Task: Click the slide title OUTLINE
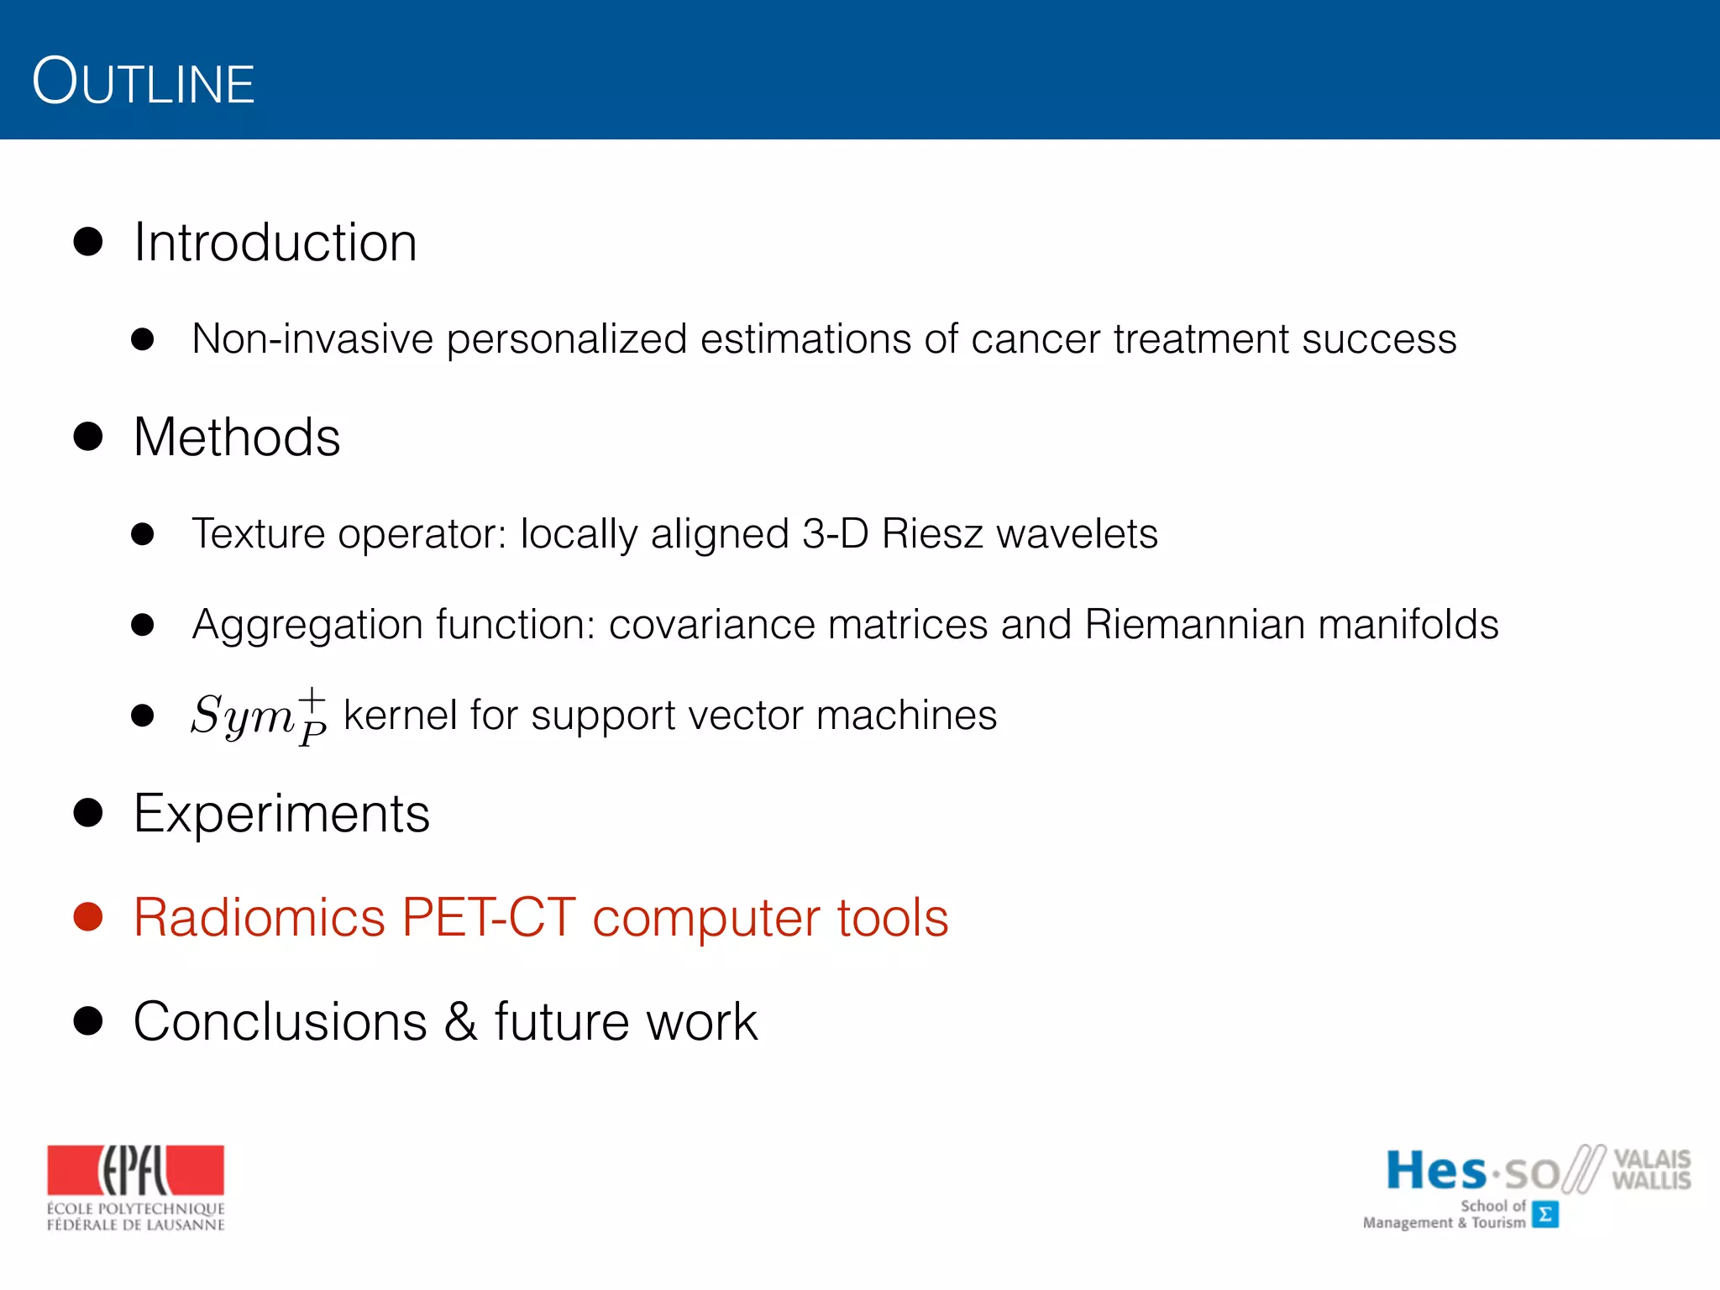click(143, 82)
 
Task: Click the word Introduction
click(275, 243)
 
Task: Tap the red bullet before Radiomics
click(88, 916)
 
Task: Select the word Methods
click(237, 438)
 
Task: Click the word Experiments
click(281, 814)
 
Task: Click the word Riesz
click(931, 534)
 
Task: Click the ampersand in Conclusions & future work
click(460, 1022)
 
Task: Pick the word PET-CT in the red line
click(488, 917)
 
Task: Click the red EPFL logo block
click(135, 1170)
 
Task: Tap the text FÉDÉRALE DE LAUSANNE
click(135, 1225)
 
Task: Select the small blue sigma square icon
click(1544, 1214)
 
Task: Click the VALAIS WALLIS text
click(1650, 1169)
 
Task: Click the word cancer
click(1035, 339)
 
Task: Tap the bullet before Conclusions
click(88, 1021)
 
